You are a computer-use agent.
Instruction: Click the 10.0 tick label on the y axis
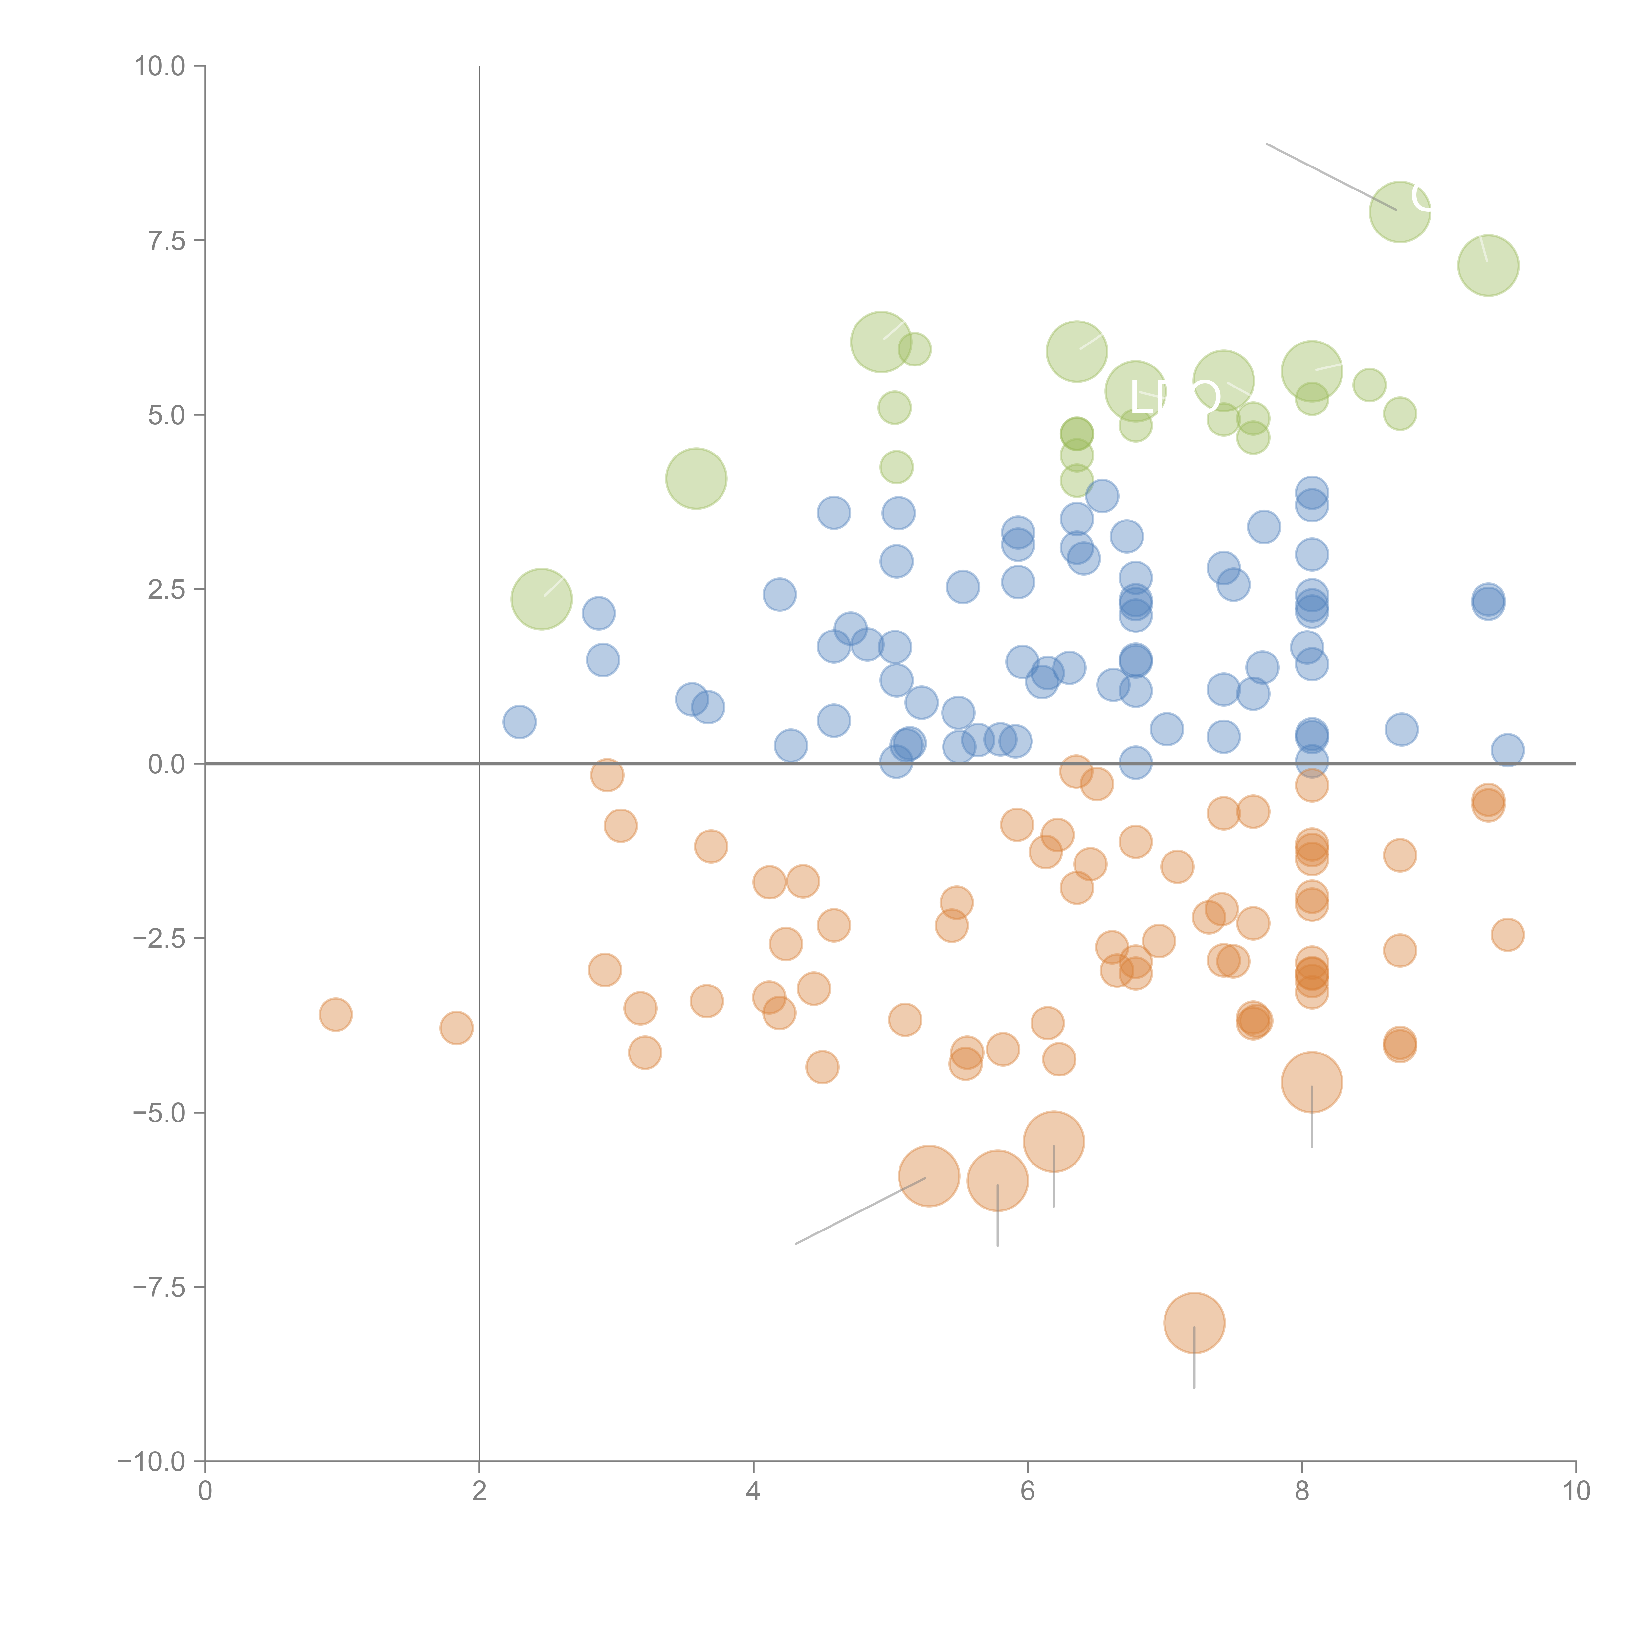[160, 66]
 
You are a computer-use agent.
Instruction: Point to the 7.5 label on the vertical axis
[166, 240]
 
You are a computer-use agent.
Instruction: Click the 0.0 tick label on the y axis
[166, 764]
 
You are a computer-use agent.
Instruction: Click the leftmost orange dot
[336, 1014]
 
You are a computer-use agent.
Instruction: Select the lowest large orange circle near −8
[1194, 1322]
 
